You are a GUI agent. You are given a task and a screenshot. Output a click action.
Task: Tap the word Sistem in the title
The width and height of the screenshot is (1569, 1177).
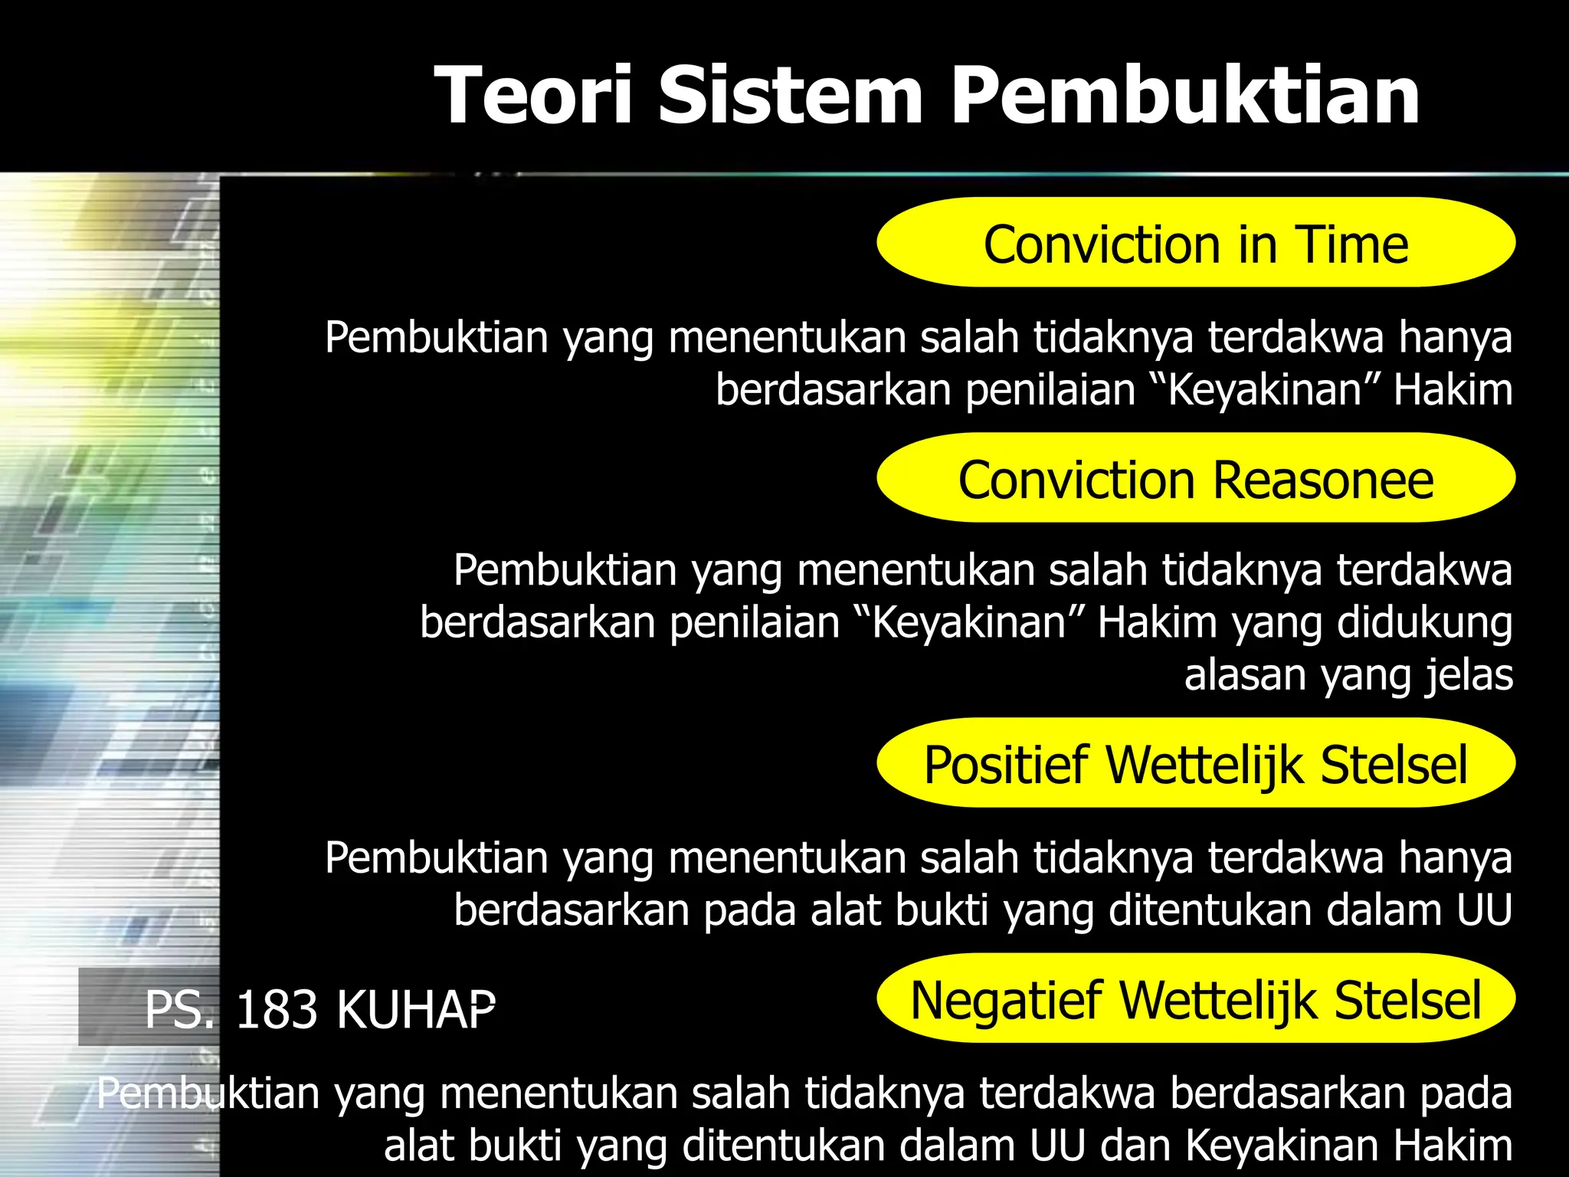point(791,96)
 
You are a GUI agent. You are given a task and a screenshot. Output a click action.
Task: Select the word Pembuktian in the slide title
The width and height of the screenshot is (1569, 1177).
point(1186,96)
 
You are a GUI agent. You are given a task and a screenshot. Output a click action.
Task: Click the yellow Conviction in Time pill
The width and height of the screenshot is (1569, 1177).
point(1196,243)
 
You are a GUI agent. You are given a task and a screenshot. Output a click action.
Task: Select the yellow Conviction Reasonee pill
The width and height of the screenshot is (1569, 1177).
point(1196,478)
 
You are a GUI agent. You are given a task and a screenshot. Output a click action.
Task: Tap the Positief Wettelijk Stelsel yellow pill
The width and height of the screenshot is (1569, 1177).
point(1196,763)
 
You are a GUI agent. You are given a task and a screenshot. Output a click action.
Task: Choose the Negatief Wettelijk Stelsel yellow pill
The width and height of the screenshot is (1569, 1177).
point(1196,998)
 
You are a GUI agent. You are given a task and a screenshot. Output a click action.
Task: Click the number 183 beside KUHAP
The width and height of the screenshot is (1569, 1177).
point(276,1009)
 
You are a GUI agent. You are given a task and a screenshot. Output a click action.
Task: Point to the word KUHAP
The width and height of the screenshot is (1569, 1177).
point(416,1009)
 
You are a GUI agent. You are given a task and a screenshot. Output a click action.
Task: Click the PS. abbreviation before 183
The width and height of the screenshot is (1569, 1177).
point(180,1009)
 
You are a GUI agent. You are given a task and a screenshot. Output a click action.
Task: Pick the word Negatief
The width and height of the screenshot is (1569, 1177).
point(1007,1000)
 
